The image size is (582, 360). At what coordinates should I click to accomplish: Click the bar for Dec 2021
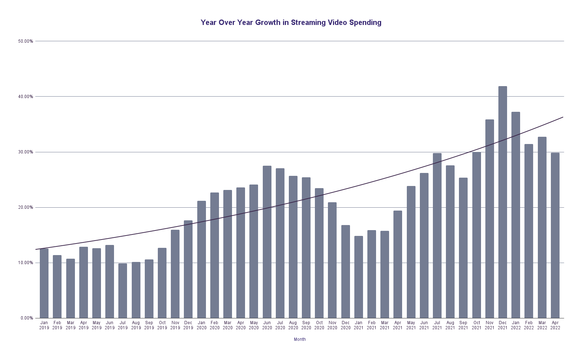(x=502, y=203)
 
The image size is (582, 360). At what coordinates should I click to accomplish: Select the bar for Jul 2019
(x=123, y=291)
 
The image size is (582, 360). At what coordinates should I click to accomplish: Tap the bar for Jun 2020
(x=267, y=242)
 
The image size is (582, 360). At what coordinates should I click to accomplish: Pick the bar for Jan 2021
(x=358, y=277)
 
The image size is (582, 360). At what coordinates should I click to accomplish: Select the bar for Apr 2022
(x=555, y=236)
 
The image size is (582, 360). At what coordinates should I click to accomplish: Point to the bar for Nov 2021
(x=489, y=219)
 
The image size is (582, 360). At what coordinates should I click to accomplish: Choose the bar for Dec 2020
(x=345, y=272)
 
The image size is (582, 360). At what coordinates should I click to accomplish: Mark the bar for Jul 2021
(x=437, y=236)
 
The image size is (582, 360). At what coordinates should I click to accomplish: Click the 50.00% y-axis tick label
(x=25, y=41)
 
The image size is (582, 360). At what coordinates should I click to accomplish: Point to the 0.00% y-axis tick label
(x=26, y=318)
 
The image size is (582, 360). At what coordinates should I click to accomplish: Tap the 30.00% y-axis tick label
(x=25, y=152)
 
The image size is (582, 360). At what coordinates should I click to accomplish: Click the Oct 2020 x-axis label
(x=319, y=325)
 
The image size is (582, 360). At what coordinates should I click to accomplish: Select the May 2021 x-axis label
(x=411, y=325)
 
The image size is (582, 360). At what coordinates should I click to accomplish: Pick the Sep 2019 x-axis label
(x=149, y=325)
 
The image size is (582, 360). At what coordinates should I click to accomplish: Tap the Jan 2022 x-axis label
(x=515, y=325)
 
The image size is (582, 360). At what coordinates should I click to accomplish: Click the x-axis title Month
(x=300, y=339)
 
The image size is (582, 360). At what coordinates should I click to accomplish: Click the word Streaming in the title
(x=308, y=22)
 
